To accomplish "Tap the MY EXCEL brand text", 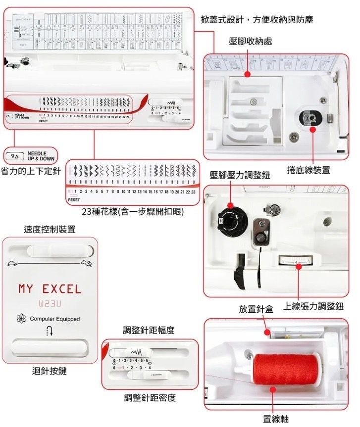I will click(50, 288).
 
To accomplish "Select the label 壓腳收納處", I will click(250, 41).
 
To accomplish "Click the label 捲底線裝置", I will click(309, 170).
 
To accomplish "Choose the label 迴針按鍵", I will click(50, 371).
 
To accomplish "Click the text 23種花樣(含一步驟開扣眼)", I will click(133, 212).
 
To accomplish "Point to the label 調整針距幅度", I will click(149, 330).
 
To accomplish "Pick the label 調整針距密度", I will click(150, 398).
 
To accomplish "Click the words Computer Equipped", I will click(54, 319).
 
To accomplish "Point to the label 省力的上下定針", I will click(31, 171).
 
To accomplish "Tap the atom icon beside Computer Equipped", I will click(21, 319).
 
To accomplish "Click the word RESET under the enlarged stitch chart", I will click(74, 199).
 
